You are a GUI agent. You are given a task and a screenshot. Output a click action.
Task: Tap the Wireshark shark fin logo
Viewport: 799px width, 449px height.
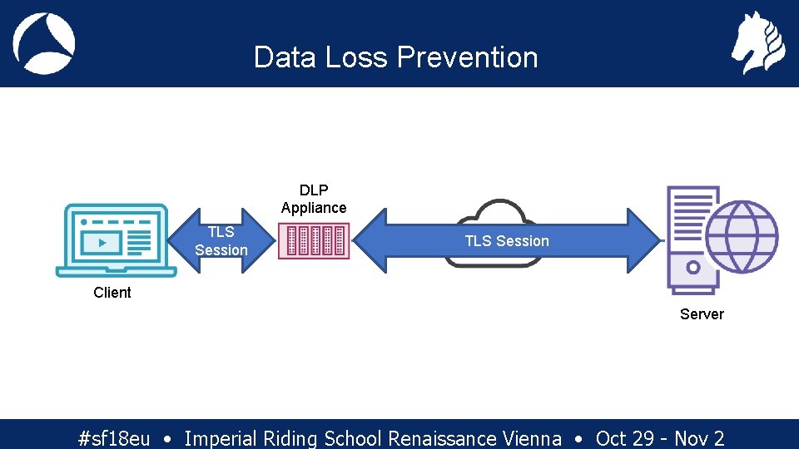tap(44, 43)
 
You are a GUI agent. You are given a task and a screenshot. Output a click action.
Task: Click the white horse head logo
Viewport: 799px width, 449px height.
tap(757, 43)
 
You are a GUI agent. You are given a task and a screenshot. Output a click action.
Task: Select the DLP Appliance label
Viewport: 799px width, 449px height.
tap(314, 199)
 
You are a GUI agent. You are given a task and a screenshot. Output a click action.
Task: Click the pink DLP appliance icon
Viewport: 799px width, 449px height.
tap(314, 241)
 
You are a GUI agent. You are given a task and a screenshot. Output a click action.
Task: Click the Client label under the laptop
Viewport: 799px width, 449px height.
tap(112, 293)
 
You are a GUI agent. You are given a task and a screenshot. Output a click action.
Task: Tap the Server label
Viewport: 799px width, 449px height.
tap(702, 314)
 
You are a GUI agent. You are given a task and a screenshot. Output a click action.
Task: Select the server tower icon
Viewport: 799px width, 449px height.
tap(692, 240)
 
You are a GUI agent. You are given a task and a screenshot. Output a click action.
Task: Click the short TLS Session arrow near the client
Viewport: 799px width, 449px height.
tap(221, 241)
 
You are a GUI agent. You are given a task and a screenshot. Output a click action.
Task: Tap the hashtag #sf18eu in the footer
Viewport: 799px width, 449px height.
tap(113, 438)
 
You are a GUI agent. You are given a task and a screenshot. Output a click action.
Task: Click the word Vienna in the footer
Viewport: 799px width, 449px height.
tap(533, 438)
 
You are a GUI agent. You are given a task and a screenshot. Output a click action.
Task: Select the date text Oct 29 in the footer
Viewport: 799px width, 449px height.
tap(624, 438)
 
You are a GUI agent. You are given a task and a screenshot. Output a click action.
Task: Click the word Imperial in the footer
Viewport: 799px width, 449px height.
tap(221, 438)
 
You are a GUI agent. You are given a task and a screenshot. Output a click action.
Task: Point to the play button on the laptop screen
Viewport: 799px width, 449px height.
tap(102, 243)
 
